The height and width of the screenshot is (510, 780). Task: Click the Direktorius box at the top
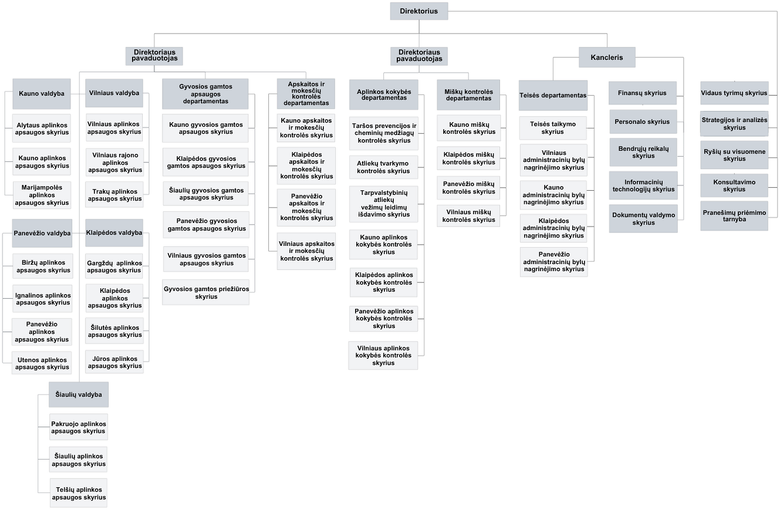click(419, 11)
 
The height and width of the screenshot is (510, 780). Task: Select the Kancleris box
click(607, 58)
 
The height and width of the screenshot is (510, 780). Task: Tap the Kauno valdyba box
click(42, 94)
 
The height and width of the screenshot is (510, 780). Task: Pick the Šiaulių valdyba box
click(79, 394)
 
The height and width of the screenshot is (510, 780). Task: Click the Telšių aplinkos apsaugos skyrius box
click(79, 494)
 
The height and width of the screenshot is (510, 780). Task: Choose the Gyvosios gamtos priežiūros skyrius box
click(206, 292)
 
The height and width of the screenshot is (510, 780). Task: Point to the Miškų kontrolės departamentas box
click(468, 95)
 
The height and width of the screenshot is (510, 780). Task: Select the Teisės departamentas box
click(553, 96)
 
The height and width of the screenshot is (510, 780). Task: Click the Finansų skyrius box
click(643, 93)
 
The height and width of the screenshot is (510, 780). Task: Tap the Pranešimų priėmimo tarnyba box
click(734, 216)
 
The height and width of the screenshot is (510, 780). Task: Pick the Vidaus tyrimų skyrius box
click(734, 93)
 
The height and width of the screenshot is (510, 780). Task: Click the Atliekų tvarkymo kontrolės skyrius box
click(383, 167)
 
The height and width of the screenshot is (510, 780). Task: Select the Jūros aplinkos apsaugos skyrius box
click(114, 362)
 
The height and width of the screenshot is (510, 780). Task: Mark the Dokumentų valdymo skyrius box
click(643, 219)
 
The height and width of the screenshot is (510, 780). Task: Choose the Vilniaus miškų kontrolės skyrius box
click(468, 216)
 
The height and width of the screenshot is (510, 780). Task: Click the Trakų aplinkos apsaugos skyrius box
click(114, 195)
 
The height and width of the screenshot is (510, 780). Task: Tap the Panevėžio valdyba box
click(42, 233)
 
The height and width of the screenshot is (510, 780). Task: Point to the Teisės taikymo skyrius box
click(553, 128)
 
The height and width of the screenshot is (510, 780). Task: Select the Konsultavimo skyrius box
click(734, 185)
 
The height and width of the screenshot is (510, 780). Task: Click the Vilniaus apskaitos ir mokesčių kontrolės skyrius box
click(306, 251)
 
